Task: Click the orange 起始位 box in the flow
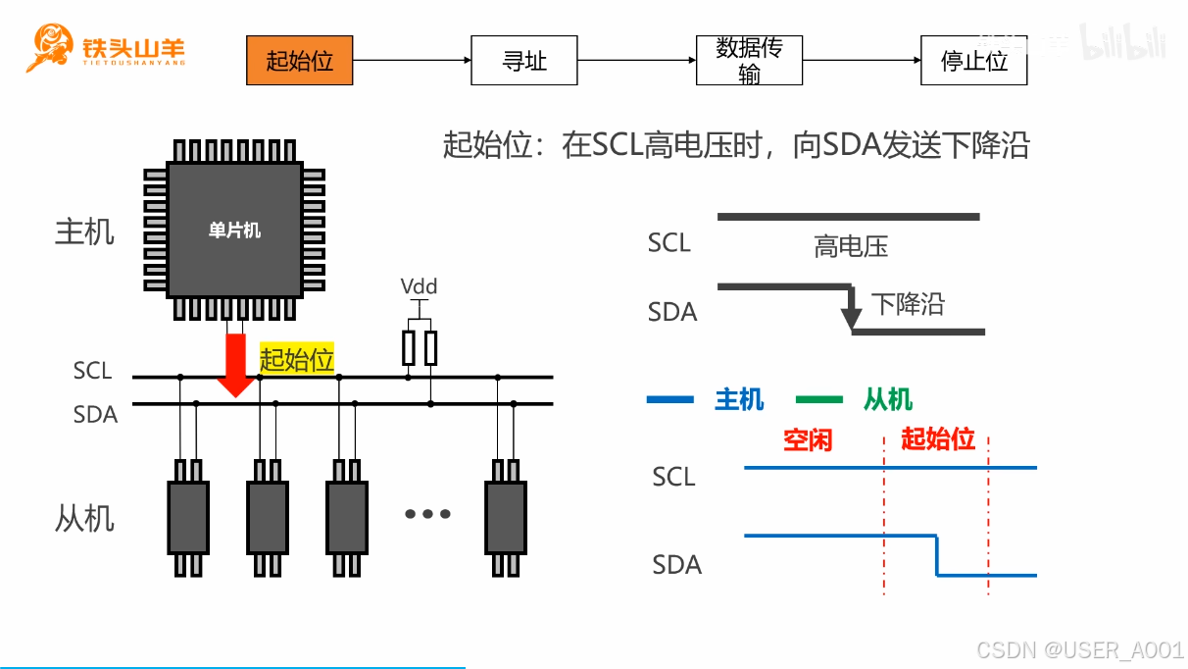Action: coord(299,61)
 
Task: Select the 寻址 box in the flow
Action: coord(524,61)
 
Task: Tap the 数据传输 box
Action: coord(749,61)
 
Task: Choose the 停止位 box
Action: coord(973,61)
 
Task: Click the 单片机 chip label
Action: coord(234,231)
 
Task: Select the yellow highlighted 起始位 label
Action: coord(297,359)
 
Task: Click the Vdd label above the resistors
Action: coord(419,287)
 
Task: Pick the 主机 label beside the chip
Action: coord(84,232)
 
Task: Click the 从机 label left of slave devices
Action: coord(84,517)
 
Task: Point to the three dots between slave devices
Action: coord(426,514)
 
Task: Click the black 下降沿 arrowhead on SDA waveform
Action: coord(852,318)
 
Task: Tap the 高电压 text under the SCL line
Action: coord(850,247)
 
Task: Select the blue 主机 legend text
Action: coord(739,399)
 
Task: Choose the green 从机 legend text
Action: coord(888,399)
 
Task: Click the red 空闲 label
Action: coord(808,439)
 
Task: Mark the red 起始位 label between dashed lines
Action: coord(937,438)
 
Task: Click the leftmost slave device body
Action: coord(188,517)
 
